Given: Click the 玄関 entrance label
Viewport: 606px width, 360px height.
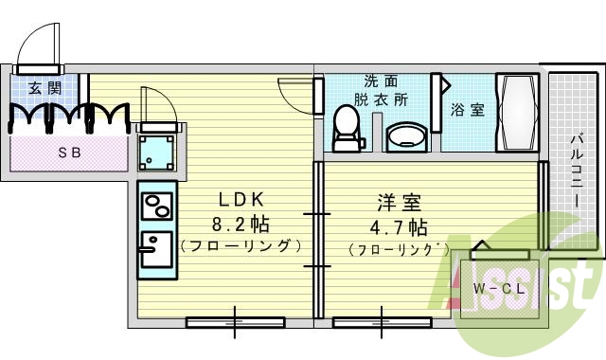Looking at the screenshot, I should coord(41,89).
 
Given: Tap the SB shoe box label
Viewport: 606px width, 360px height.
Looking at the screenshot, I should coord(69,152).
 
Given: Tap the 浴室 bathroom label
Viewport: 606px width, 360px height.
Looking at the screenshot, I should coord(468,110).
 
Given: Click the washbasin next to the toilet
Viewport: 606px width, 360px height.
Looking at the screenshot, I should coord(407,136).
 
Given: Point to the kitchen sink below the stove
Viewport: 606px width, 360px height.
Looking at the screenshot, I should coord(153,251).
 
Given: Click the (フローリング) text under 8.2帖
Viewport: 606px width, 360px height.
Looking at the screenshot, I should coord(241,246).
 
